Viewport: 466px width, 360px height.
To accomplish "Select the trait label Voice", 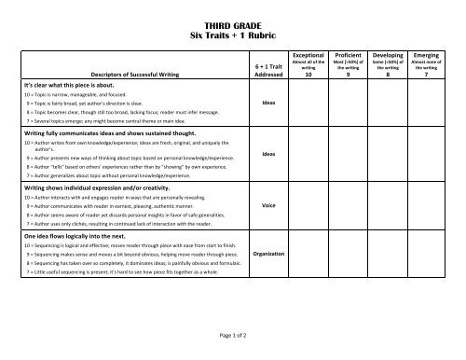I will pos(268,204).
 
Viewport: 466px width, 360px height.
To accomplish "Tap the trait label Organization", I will pos(268,254).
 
